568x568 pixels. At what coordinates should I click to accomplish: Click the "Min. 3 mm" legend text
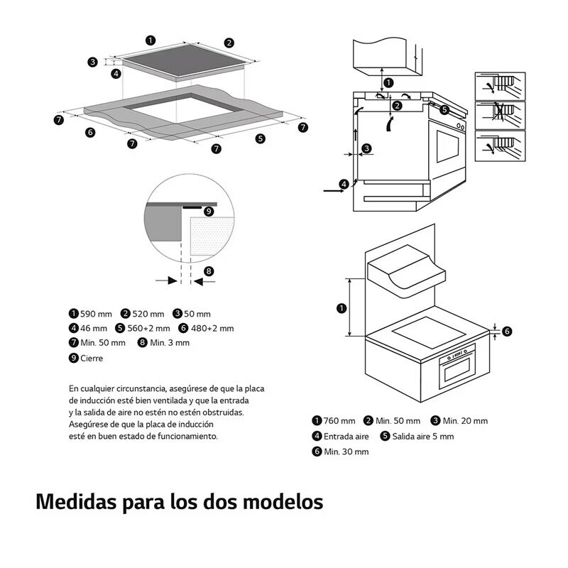coord(170,343)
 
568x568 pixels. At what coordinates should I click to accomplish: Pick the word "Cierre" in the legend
coord(92,359)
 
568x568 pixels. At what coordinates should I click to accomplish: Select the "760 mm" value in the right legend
coord(339,421)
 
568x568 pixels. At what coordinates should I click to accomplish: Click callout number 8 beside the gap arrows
coord(209,271)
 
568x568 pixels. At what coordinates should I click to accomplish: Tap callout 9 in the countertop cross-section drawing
coord(209,211)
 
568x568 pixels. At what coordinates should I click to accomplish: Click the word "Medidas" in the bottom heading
coord(75,501)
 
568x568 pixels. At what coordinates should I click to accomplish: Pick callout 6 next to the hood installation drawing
coord(506,331)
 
